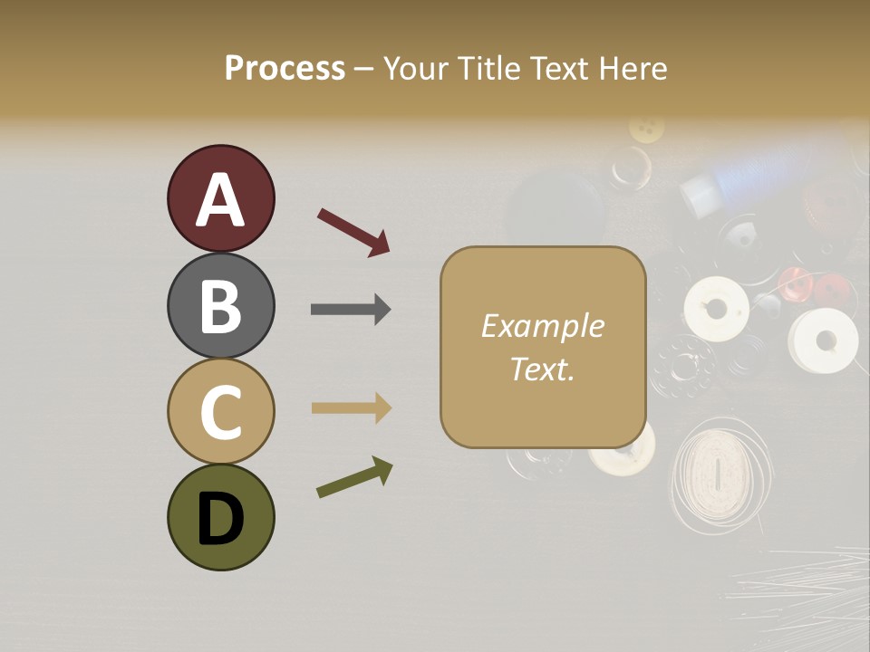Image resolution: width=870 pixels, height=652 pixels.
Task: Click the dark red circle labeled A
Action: coord(220,198)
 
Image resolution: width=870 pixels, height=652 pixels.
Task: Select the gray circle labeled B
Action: coord(220,305)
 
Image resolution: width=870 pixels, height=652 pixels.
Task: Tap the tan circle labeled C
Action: coord(220,411)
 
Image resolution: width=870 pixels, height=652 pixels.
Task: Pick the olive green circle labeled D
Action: coord(220,517)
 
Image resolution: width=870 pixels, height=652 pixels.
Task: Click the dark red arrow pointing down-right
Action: coord(353,232)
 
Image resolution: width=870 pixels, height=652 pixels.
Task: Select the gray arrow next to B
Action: coord(351,310)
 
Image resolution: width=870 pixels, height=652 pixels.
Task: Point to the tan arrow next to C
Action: coord(351,408)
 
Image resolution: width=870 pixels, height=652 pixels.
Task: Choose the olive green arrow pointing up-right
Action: coord(354,477)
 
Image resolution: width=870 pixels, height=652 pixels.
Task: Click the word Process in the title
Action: coord(285,68)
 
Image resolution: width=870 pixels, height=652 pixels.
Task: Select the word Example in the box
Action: coord(542,326)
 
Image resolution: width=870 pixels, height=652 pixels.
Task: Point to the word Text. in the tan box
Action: coord(542,369)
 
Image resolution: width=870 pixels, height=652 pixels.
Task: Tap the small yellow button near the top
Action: coord(646,129)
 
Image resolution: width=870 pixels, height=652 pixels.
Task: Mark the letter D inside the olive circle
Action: coord(220,519)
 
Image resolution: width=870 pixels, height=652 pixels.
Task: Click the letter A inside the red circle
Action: coord(220,200)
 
